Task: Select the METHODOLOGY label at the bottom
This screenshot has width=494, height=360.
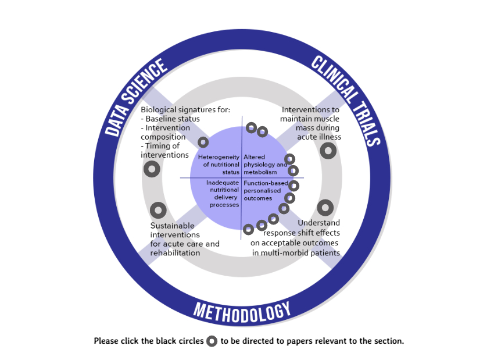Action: (x=242, y=312)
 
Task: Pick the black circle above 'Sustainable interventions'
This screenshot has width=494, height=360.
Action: (x=158, y=210)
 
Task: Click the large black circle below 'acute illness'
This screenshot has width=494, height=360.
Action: (x=328, y=151)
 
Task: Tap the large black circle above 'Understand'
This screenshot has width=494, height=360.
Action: (x=325, y=207)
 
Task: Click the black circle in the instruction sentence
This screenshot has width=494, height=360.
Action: (x=212, y=341)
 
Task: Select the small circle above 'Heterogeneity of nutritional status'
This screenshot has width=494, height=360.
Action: (x=203, y=142)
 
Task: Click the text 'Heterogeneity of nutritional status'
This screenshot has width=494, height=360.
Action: (x=219, y=165)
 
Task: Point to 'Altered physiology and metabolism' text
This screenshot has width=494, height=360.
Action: (x=264, y=164)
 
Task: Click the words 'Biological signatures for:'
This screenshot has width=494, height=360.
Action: (x=185, y=109)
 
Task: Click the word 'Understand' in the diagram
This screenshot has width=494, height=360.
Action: (x=318, y=223)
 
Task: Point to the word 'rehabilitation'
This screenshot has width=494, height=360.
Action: (x=175, y=253)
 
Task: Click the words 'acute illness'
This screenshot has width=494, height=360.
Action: (x=319, y=137)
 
